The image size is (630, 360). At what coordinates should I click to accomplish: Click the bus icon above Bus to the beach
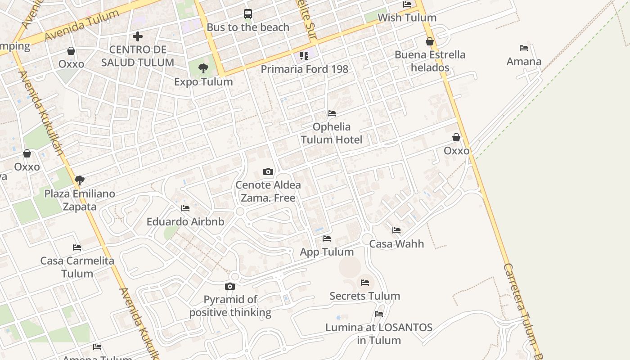(x=248, y=14)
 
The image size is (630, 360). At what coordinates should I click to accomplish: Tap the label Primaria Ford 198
(x=305, y=69)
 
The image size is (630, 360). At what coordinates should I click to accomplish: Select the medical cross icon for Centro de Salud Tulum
(x=138, y=36)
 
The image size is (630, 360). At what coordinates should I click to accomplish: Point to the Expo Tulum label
(x=203, y=81)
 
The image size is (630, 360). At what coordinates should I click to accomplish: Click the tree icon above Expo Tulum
(x=203, y=68)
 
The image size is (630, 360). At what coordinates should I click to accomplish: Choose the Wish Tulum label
(x=407, y=18)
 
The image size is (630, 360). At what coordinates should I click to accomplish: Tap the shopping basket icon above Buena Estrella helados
(x=430, y=42)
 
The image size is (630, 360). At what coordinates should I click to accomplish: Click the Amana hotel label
(x=524, y=61)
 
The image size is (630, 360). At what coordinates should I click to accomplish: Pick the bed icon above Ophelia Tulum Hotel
(x=332, y=113)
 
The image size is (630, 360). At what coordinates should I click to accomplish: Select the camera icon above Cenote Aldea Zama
(x=268, y=171)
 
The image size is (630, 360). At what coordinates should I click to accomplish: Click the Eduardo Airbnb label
(x=185, y=221)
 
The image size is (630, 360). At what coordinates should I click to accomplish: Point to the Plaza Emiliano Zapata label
(x=80, y=200)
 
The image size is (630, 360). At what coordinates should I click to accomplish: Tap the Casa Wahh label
(x=396, y=243)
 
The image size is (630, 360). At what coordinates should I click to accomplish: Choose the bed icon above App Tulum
(x=327, y=238)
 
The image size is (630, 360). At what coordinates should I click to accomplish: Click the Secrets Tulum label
(x=364, y=296)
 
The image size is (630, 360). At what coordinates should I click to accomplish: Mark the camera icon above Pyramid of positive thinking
(x=230, y=287)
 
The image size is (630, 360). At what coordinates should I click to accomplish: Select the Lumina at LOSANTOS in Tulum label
(x=379, y=333)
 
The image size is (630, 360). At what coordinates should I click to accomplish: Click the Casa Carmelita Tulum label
(x=77, y=267)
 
